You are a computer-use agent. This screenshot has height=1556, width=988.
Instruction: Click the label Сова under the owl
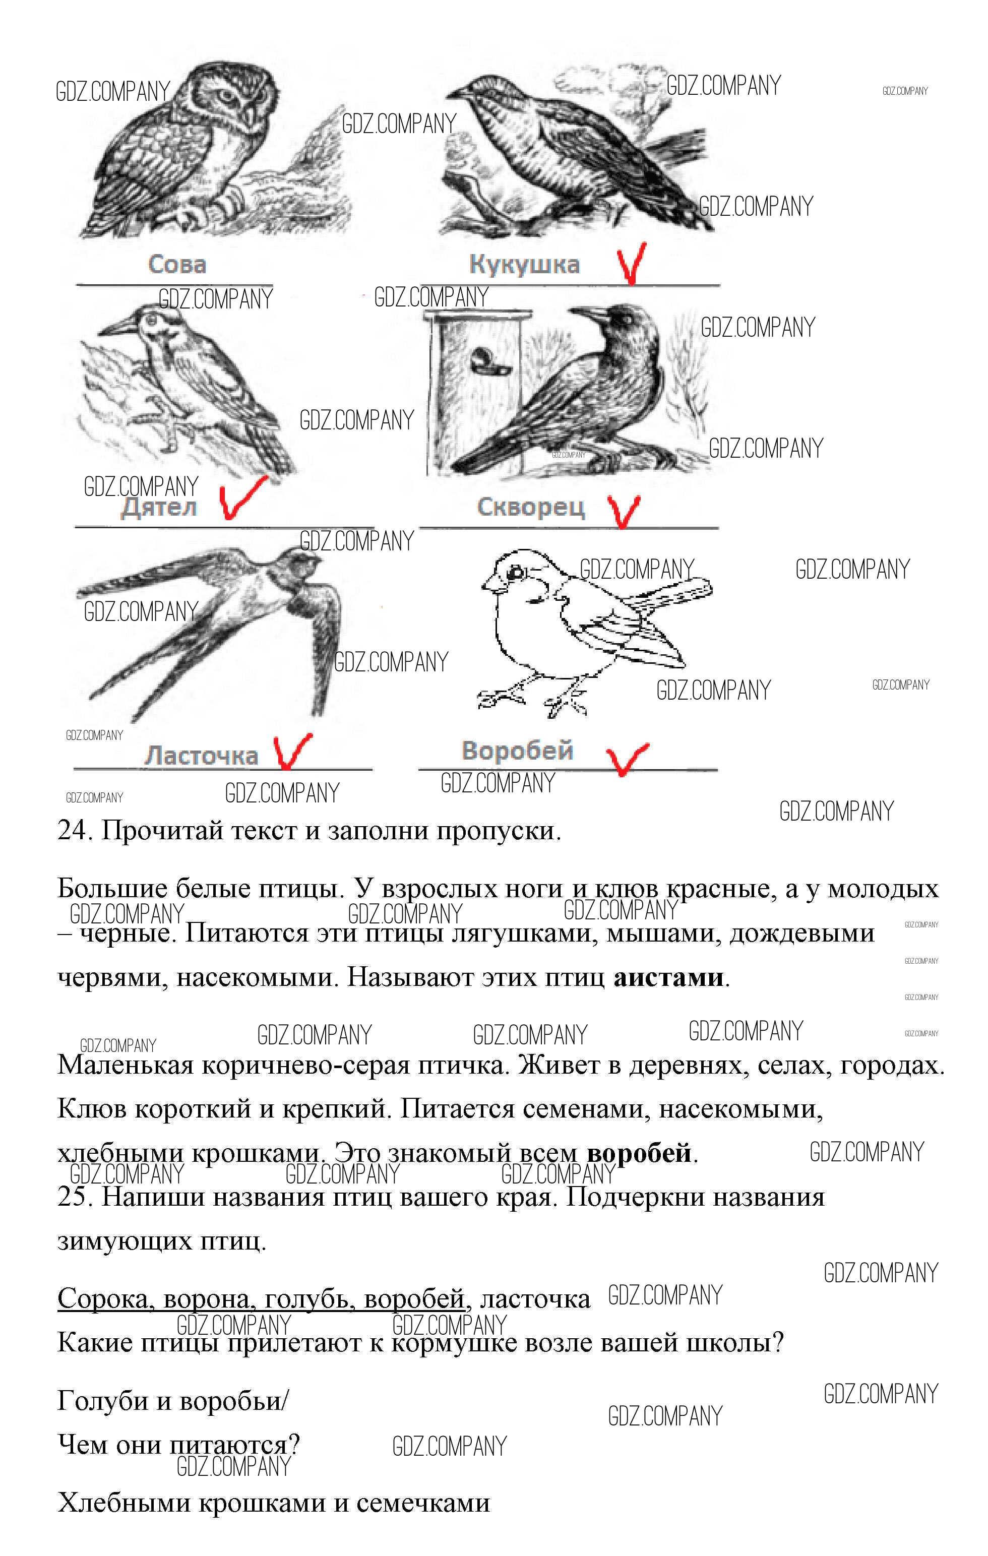pos(177,264)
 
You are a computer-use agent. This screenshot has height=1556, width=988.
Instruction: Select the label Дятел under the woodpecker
pos(159,507)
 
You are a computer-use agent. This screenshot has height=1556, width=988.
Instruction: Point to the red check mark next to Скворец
pos(624,511)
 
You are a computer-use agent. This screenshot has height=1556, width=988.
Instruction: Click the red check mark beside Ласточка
pos(291,752)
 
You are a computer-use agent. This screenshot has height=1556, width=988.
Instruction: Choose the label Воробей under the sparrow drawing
pos(518,751)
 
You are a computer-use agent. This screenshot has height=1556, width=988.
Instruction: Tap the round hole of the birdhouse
pos(483,357)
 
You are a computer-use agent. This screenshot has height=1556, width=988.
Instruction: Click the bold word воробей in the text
pos(639,1153)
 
